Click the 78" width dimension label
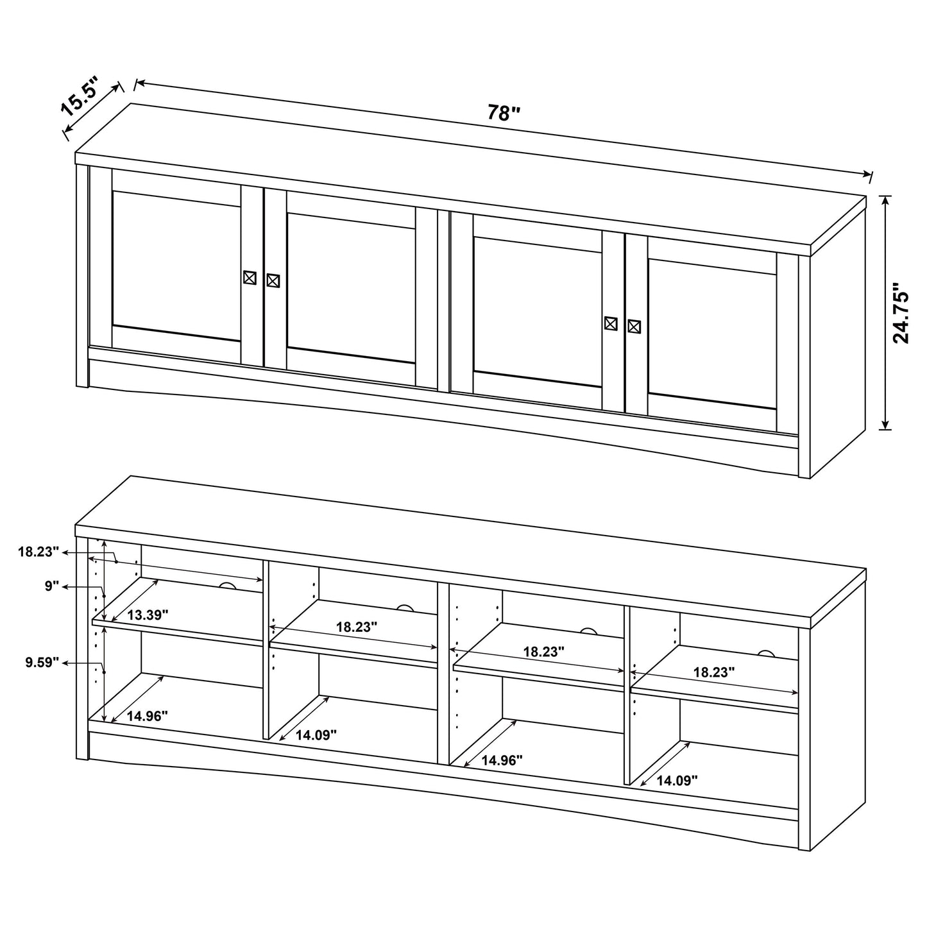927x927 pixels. tap(504, 113)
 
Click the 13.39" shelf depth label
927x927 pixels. tap(147, 615)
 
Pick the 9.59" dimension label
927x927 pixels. tap(42, 662)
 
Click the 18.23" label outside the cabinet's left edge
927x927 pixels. tap(38, 551)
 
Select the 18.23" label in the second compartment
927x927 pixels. tap(357, 627)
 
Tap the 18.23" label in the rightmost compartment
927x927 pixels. tap(713, 672)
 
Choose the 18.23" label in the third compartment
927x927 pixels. tap(543, 652)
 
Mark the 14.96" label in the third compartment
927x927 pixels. tap(502, 761)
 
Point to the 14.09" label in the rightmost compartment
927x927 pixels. tap(677, 781)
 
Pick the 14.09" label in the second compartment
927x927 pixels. tap(316, 735)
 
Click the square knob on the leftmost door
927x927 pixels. tap(250, 278)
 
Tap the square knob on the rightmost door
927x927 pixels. tap(634, 327)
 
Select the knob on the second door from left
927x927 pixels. tap(273, 280)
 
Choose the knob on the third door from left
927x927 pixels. tap(611, 323)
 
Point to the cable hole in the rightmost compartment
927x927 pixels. tap(766, 654)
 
